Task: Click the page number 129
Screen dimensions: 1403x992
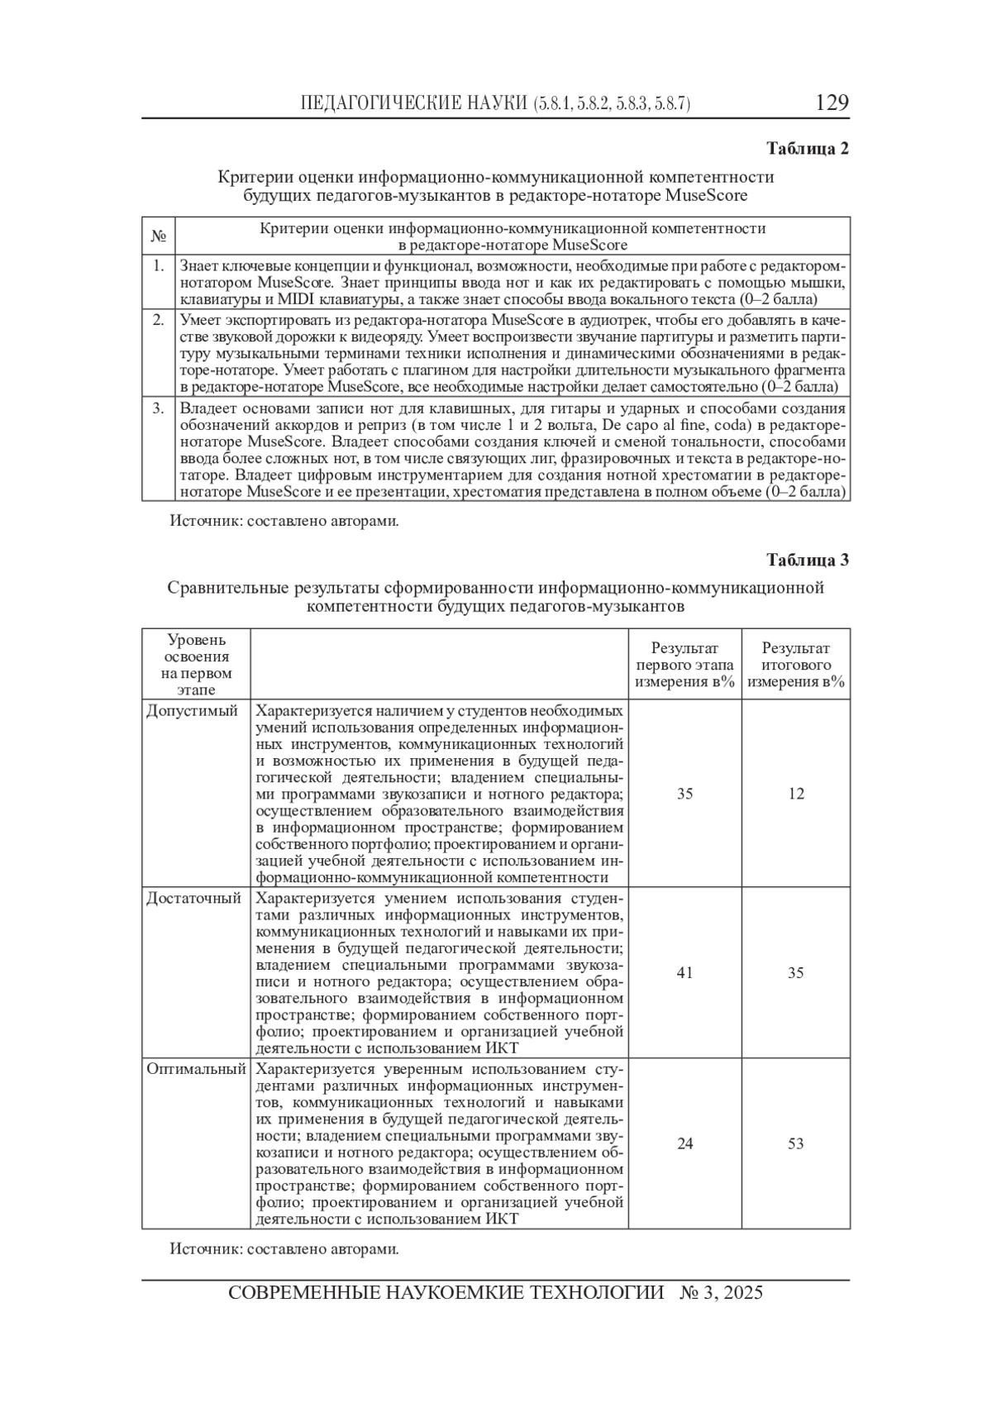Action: point(832,103)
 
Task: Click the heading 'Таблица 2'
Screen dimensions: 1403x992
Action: point(808,149)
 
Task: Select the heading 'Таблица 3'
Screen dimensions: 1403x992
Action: point(808,560)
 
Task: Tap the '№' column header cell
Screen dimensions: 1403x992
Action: point(158,236)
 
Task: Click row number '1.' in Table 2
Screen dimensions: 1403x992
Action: point(158,266)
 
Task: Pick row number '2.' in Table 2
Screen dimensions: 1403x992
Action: point(158,320)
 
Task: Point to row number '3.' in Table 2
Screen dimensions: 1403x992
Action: point(158,408)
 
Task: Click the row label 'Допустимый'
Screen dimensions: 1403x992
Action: point(192,711)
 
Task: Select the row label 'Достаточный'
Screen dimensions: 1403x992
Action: point(193,898)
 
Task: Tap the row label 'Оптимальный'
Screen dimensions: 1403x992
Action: point(196,1069)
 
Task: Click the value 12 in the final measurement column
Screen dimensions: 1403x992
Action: point(796,794)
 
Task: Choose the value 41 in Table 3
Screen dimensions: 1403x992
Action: point(684,973)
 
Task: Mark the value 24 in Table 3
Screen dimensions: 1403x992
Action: point(684,1144)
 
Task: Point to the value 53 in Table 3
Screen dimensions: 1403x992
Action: point(796,1144)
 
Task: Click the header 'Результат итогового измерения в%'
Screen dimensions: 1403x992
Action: point(796,665)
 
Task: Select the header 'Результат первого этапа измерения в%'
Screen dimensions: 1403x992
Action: point(684,665)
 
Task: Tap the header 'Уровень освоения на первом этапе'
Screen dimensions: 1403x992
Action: point(196,665)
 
